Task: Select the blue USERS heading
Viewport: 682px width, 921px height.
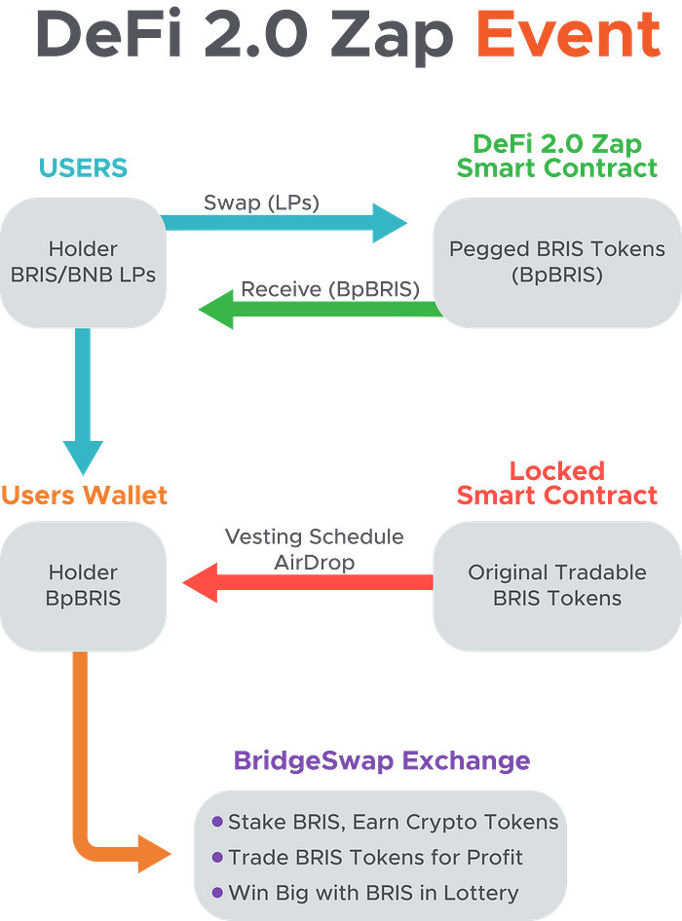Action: [x=83, y=167]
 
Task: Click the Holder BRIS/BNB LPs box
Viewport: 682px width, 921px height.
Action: [x=83, y=262]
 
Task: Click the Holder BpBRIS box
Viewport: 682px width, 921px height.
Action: [x=83, y=584]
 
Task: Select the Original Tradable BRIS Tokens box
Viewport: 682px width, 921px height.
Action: [x=556, y=584]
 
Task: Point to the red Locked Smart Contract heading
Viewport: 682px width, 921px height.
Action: [x=556, y=483]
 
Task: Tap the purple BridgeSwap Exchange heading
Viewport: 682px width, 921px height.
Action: [x=381, y=760]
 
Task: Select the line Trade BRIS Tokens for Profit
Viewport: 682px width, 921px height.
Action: [x=375, y=857]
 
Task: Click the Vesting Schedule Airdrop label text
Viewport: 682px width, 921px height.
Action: [x=314, y=547]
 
